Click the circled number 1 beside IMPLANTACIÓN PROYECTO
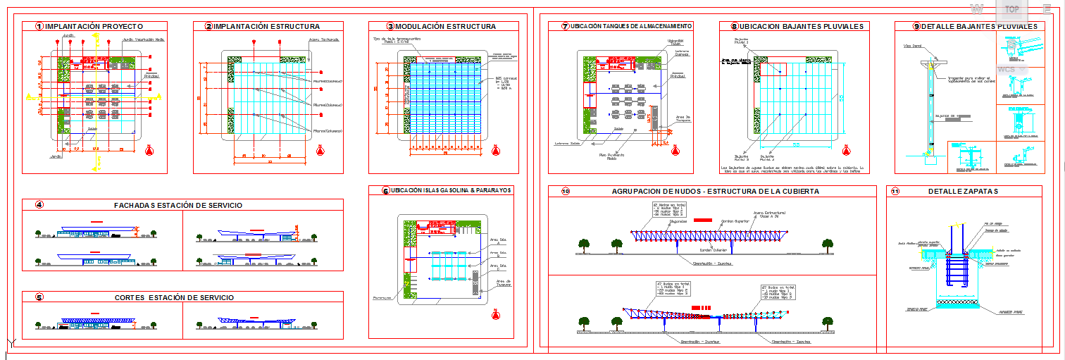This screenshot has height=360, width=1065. [x=39, y=27]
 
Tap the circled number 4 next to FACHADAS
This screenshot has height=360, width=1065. [x=39, y=205]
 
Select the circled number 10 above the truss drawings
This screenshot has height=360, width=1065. [x=565, y=192]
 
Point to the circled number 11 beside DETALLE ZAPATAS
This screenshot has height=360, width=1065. [x=895, y=192]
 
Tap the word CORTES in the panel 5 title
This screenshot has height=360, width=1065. [x=131, y=297]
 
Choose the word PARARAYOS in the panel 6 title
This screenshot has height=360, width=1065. [x=492, y=190]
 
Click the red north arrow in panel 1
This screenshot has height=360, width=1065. [x=149, y=150]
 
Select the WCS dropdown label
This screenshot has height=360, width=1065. [x=1006, y=70]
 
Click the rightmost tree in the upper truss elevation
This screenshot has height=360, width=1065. [x=827, y=244]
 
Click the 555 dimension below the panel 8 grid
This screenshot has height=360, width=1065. [x=795, y=145]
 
